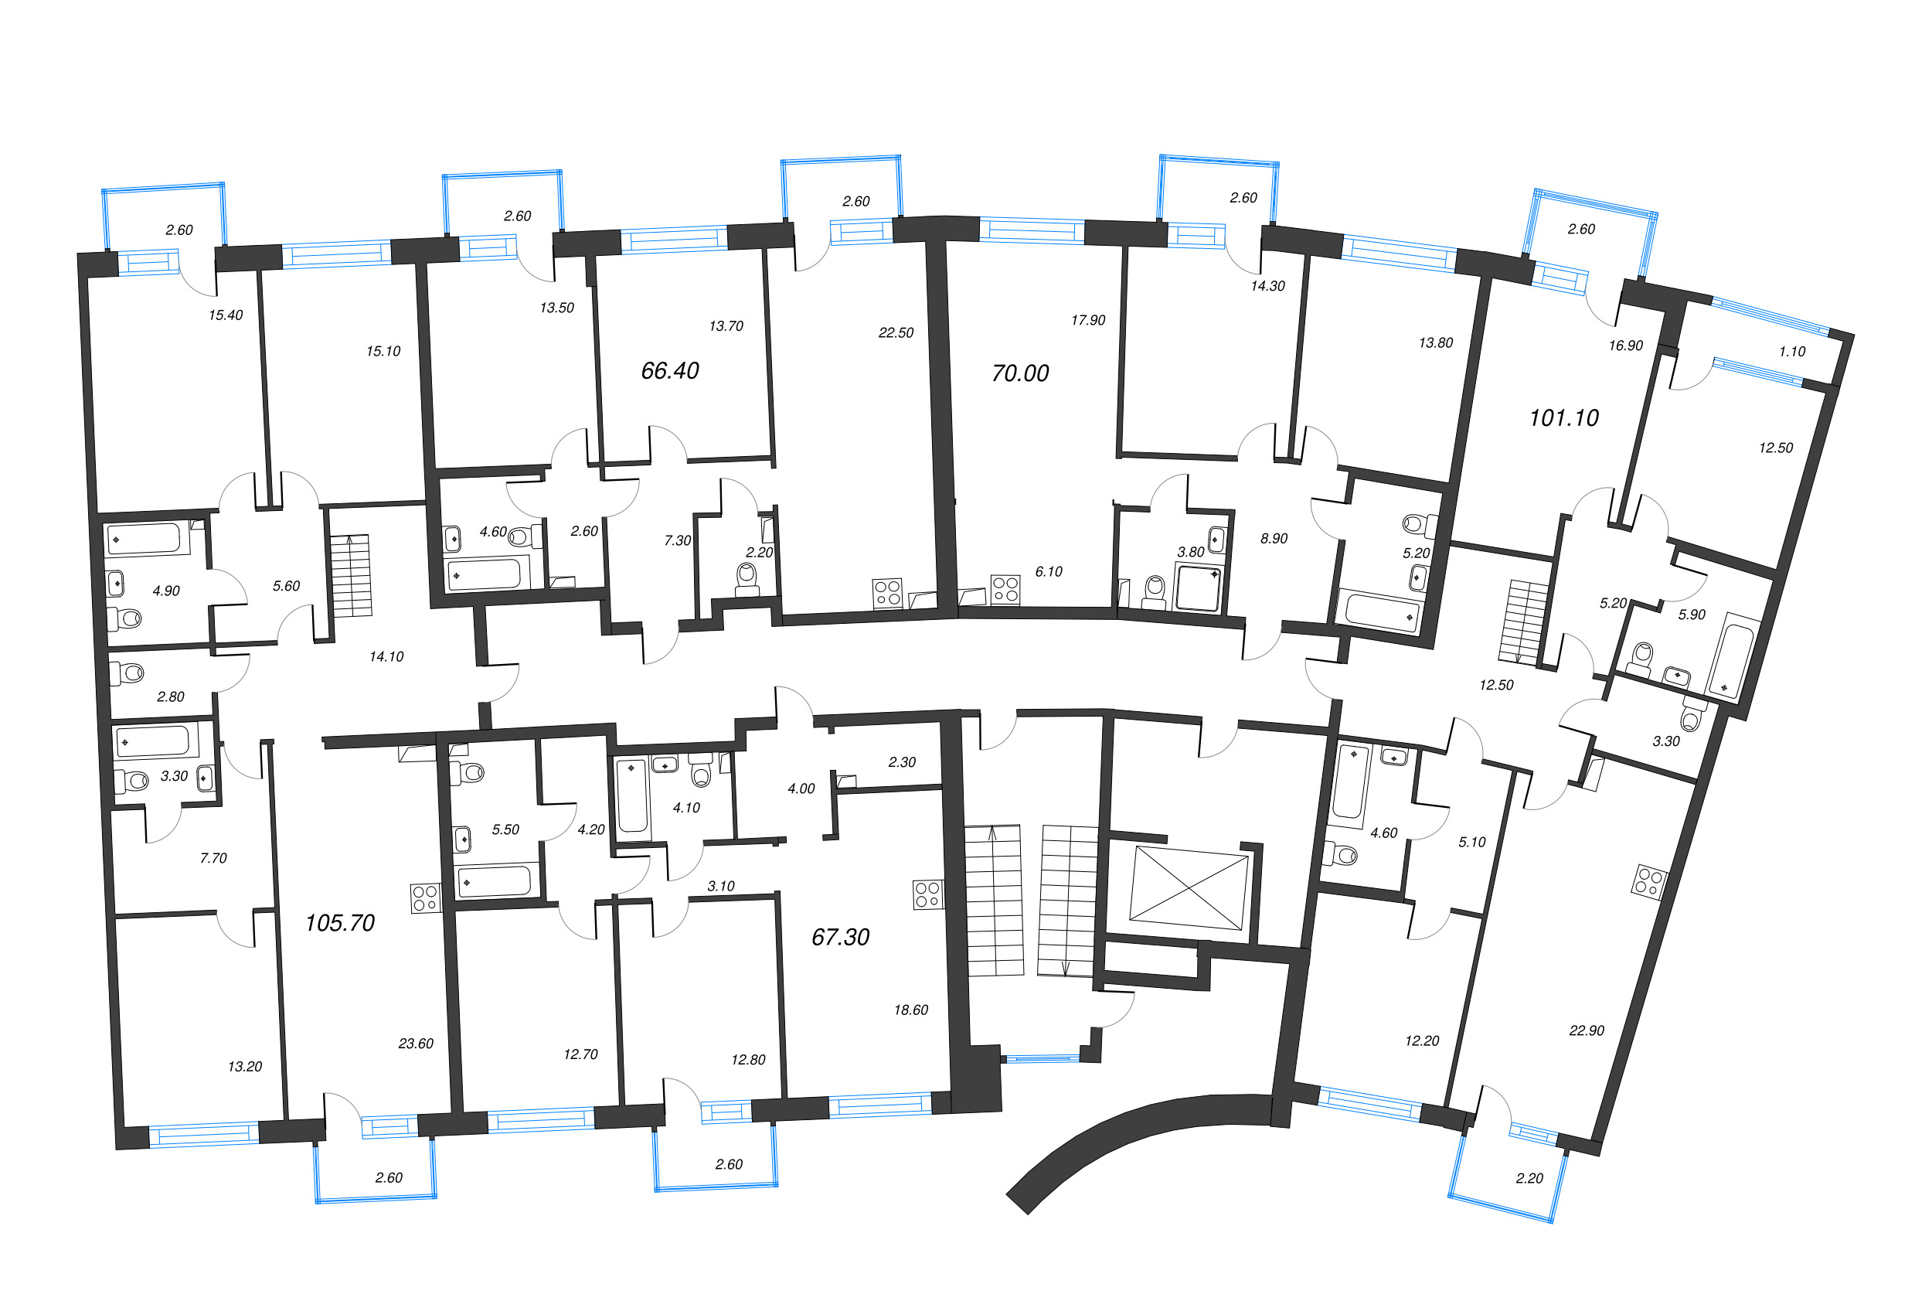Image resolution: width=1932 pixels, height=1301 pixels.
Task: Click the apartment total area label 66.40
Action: point(669,371)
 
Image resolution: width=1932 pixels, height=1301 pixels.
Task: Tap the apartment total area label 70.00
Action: point(1019,373)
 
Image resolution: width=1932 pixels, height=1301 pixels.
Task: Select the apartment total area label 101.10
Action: point(1563,418)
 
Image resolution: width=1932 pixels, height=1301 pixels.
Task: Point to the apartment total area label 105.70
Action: point(339,923)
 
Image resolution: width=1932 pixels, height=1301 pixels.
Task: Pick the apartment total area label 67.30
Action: point(839,938)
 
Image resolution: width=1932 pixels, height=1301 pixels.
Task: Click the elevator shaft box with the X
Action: point(1188,887)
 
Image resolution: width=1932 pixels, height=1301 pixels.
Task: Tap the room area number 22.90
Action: point(1586,1030)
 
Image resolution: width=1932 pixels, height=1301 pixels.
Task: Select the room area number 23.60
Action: point(416,1044)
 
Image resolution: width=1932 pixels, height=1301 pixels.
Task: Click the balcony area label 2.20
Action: point(1529,1178)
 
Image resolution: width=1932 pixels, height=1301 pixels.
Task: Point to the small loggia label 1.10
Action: point(1792,352)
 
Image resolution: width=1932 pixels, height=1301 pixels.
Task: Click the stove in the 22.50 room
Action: point(886,592)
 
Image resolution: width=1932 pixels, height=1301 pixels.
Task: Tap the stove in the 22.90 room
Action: point(1648,881)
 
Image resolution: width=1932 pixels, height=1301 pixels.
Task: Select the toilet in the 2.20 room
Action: point(747,578)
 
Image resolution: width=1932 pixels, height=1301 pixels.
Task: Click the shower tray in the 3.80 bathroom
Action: point(1198,587)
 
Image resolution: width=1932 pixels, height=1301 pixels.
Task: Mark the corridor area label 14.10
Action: point(386,657)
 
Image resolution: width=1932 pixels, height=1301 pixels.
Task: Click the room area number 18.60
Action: point(910,1010)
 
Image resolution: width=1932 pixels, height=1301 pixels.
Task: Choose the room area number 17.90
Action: point(1087,320)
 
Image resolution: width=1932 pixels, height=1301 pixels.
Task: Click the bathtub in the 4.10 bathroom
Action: point(632,796)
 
